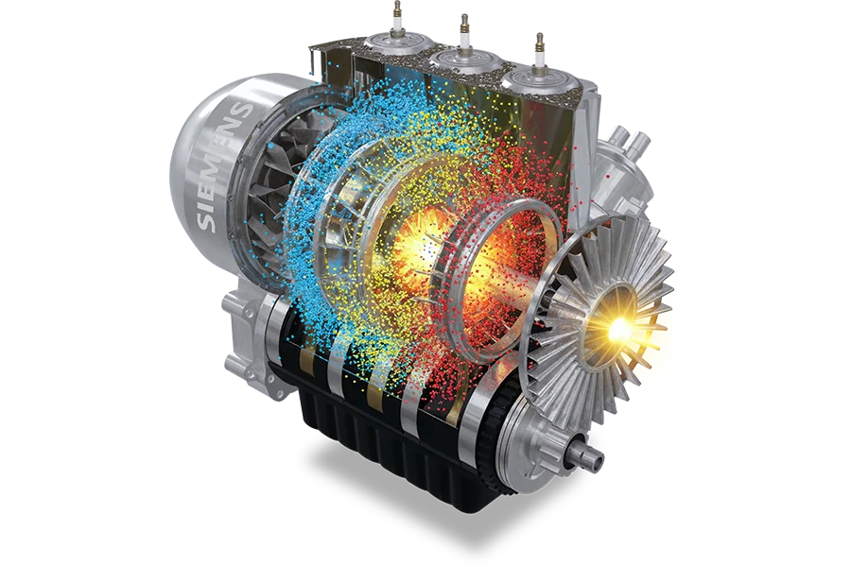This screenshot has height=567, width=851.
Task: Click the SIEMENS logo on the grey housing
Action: [223, 166]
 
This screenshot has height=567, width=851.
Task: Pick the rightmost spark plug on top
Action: [540, 52]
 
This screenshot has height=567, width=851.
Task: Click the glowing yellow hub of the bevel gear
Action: [617, 327]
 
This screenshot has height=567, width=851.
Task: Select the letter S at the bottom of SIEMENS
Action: [207, 220]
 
